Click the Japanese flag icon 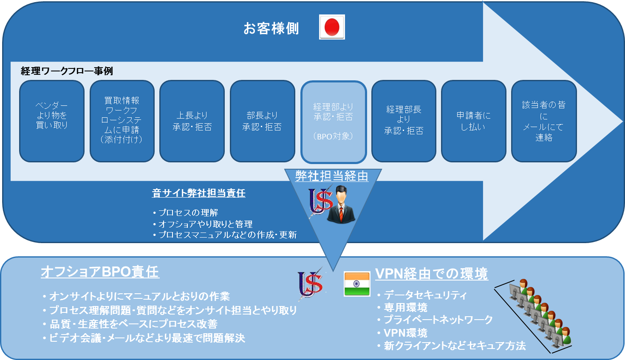(332, 27)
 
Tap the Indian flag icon (357, 283)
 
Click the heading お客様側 (271, 28)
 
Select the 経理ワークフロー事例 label (67, 71)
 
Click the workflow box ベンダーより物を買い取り (52, 121)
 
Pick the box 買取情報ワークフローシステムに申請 (122, 121)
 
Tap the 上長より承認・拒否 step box (192, 121)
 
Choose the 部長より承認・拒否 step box (262, 121)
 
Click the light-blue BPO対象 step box (334, 122)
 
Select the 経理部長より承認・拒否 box (404, 121)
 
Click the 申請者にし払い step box (473, 121)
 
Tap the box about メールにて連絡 (544, 121)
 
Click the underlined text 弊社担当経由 (332, 176)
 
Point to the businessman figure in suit (341, 204)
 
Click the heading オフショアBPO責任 (100, 272)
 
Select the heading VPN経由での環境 (431, 273)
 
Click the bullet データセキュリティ (422, 295)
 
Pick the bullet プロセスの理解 (185, 213)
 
